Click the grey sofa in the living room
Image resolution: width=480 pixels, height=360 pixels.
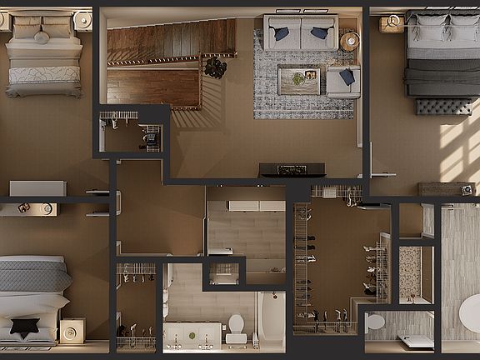tap(300, 33)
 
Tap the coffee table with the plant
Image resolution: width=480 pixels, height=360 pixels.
tap(297, 80)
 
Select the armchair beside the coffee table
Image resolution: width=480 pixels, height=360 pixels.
tap(342, 82)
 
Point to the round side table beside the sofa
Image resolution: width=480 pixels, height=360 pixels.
tap(350, 40)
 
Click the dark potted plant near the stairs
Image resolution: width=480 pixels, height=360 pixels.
tap(215, 67)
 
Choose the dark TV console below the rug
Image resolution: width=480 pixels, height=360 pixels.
tap(292, 170)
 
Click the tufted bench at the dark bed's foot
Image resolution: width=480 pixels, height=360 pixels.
tap(443, 107)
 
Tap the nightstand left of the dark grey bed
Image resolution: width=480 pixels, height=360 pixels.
tap(391, 23)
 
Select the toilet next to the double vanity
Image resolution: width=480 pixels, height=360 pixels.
tap(236, 328)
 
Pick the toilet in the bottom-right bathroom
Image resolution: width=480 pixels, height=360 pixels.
tap(375, 322)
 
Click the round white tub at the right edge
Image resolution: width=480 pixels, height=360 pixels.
tap(471, 315)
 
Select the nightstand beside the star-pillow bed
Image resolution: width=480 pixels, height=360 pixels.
tap(72, 331)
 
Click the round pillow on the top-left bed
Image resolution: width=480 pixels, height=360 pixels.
tap(42, 37)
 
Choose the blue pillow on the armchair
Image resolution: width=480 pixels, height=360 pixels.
tap(347, 77)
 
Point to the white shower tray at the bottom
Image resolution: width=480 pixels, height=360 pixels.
tap(416, 341)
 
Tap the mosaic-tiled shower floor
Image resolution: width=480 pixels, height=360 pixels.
tap(410, 271)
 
